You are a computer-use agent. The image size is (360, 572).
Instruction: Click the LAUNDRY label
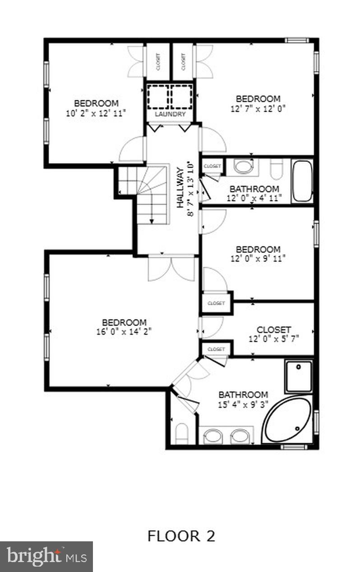click(170, 115)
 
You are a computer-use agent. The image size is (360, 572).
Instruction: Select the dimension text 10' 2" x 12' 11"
click(96, 113)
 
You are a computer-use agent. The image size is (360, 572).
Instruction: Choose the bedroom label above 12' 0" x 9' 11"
click(258, 249)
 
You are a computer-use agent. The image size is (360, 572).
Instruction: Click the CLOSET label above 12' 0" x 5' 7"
click(273, 329)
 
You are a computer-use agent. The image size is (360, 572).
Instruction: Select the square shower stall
click(298, 376)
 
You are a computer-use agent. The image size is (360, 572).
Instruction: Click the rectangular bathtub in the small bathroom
click(302, 181)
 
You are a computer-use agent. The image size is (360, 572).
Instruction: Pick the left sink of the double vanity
click(212, 436)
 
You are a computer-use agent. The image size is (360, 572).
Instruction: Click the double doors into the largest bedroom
click(171, 268)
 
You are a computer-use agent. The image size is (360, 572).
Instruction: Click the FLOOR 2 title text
click(181, 536)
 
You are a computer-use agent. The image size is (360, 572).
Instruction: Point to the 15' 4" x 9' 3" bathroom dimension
click(243, 405)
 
